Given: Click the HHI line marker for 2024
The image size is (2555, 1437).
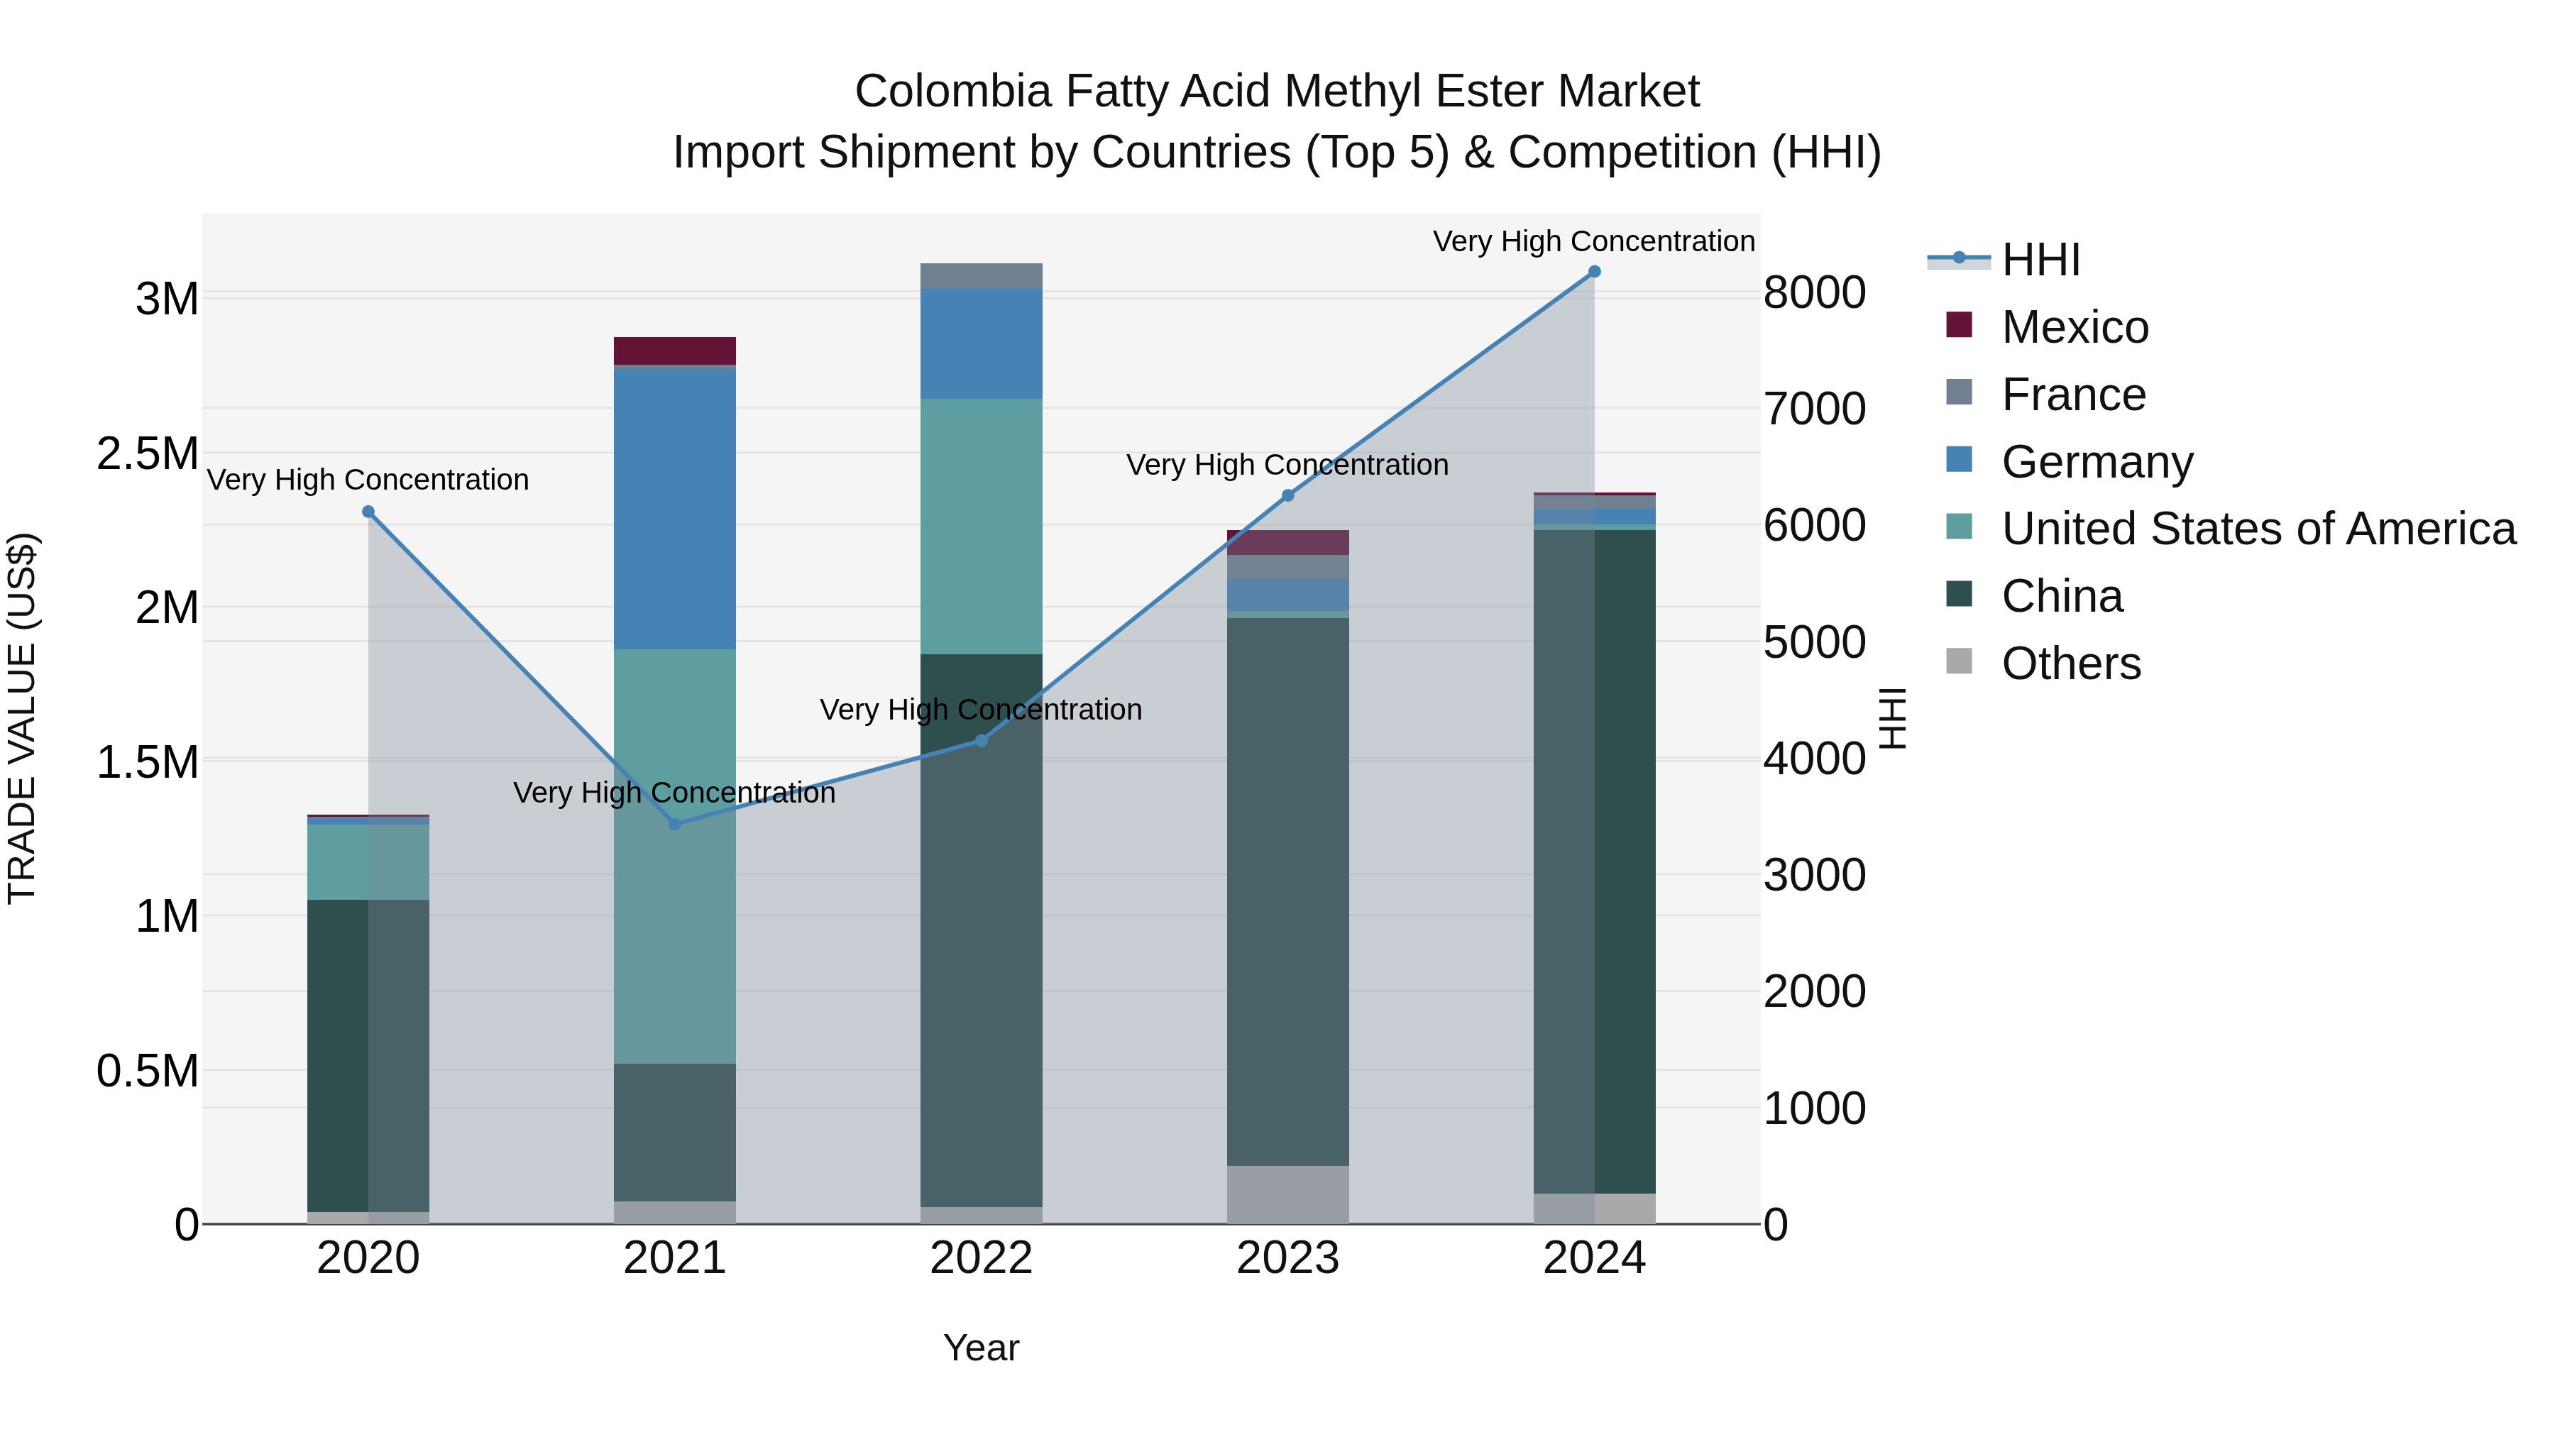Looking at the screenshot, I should [x=1594, y=272].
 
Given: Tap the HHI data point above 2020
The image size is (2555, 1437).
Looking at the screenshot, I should [x=368, y=512].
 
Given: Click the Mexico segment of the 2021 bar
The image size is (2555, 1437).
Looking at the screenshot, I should [x=674, y=351].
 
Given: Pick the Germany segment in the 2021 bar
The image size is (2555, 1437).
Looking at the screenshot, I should [x=674, y=508].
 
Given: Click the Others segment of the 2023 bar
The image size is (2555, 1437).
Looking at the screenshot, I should [x=1287, y=1194].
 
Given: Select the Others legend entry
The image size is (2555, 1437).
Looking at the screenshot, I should [x=2070, y=664].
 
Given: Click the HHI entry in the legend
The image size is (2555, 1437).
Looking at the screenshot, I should [x=2040, y=260].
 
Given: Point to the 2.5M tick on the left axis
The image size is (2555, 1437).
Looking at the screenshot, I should [x=148, y=453].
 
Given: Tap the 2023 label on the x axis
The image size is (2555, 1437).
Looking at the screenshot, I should [x=1287, y=1258].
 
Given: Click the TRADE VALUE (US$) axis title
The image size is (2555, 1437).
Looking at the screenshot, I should [x=22, y=718].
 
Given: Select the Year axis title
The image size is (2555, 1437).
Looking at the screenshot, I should [x=981, y=1348].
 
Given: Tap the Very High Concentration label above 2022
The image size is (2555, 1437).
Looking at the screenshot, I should [x=981, y=710].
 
